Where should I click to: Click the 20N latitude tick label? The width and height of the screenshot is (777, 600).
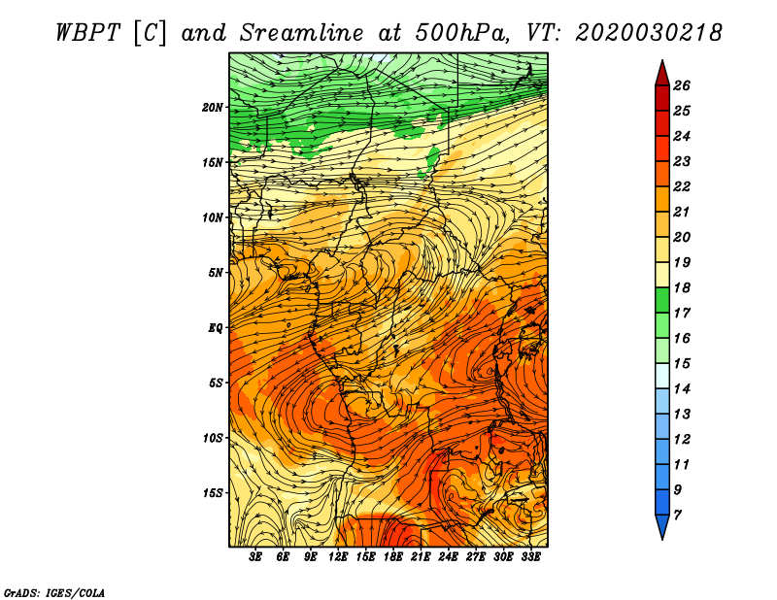click(x=213, y=108)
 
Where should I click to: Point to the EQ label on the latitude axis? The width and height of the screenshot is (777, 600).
click(x=216, y=328)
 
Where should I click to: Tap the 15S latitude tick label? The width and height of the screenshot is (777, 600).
click(x=214, y=493)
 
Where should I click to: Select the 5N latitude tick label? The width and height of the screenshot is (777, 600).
click(x=216, y=273)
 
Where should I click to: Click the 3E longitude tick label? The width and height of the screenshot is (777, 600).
click(x=255, y=557)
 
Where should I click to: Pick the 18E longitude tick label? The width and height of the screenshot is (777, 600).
click(x=393, y=557)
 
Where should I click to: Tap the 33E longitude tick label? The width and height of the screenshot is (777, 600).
click(x=530, y=557)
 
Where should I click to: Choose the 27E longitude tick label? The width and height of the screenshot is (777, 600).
click(x=476, y=557)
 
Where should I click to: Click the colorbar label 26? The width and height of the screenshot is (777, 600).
click(x=682, y=85)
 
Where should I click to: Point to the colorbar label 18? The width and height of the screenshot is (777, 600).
click(x=682, y=287)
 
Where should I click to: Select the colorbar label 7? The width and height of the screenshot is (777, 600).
click(x=677, y=516)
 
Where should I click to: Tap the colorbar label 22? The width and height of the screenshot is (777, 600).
click(x=682, y=186)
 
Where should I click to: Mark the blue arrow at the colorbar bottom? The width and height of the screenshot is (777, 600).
click(x=662, y=525)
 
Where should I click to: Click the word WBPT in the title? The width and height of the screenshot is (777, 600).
click(x=88, y=33)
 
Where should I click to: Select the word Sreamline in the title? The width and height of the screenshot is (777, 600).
click(x=302, y=33)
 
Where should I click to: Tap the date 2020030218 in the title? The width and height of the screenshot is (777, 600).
click(x=649, y=33)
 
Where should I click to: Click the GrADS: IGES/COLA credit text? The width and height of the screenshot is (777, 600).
click(x=54, y=593)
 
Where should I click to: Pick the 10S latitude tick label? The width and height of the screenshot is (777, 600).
click(x=214, y=438)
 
